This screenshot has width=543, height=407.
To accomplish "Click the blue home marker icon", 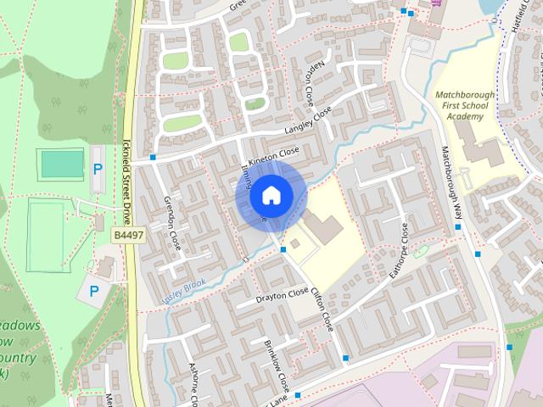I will tap(270, 196).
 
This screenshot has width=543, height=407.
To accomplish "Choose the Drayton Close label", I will tap(283, 294).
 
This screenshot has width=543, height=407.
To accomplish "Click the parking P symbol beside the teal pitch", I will tap(98, 168).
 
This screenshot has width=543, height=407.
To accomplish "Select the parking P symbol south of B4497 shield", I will tap(93, 291).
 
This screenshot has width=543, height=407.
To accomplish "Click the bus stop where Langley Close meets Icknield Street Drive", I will tap(153, 157).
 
